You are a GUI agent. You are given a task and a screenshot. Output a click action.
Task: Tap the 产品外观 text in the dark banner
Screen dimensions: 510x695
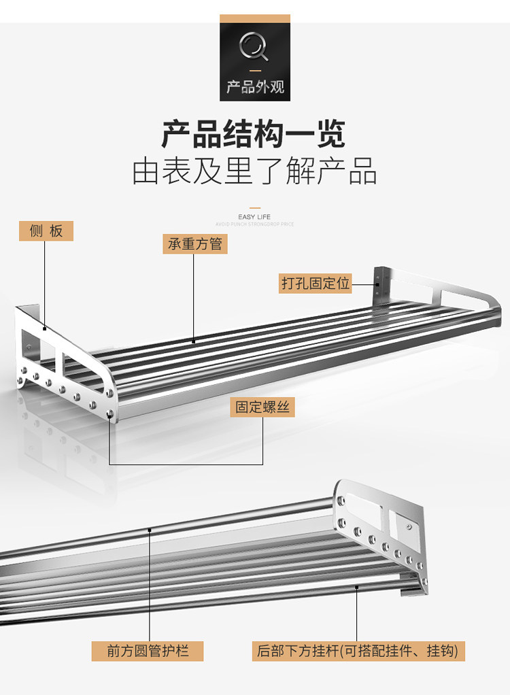pos(255,87)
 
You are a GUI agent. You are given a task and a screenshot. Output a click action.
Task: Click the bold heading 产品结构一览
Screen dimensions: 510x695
pos(254,133)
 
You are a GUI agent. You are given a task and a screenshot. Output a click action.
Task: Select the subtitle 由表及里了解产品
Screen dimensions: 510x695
pos(254,171)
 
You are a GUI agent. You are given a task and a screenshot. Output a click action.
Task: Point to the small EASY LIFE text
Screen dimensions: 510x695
pos(255,217)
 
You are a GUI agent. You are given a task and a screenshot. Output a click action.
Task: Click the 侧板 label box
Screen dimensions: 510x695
pos(46,231)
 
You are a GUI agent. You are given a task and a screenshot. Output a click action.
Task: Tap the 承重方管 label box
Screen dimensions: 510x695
pos(195,243)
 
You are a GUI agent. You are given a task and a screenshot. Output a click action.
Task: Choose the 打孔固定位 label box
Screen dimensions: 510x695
pos(316,283)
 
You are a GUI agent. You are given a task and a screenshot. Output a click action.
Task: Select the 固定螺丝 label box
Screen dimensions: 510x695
pos(262,407)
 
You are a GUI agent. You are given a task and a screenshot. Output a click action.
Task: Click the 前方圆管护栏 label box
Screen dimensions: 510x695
pos(148,650)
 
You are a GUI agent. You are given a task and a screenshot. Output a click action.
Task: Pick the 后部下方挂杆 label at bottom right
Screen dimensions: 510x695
pos(358,650)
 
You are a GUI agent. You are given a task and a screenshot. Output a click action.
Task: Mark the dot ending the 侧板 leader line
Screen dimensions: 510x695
pos(45,329)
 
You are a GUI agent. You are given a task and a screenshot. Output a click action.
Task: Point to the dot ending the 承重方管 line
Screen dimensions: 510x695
pos(194,341)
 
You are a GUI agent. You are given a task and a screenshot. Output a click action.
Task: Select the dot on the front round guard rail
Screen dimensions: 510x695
pos(150,528)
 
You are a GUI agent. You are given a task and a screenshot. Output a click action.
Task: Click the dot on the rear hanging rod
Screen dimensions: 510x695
pos(357,586)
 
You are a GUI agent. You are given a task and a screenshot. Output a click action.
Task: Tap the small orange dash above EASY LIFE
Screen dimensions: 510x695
pos(255,208)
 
